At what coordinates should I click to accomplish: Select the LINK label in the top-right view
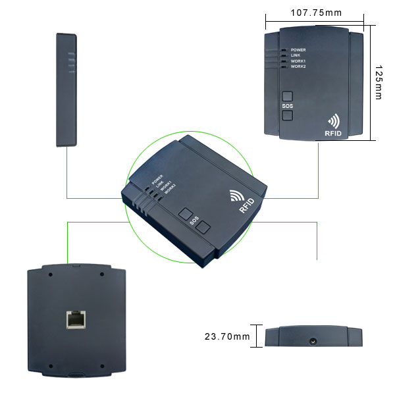296,55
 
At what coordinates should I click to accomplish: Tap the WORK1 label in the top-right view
298,61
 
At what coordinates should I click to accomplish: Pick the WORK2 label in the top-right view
298,66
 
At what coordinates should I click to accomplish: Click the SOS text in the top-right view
287,105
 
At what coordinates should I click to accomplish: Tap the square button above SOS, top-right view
287,95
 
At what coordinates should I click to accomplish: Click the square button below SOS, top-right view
287,116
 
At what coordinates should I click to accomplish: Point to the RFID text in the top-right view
333,134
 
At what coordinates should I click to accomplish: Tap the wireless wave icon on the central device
236,196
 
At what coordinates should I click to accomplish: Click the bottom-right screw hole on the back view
103,366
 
